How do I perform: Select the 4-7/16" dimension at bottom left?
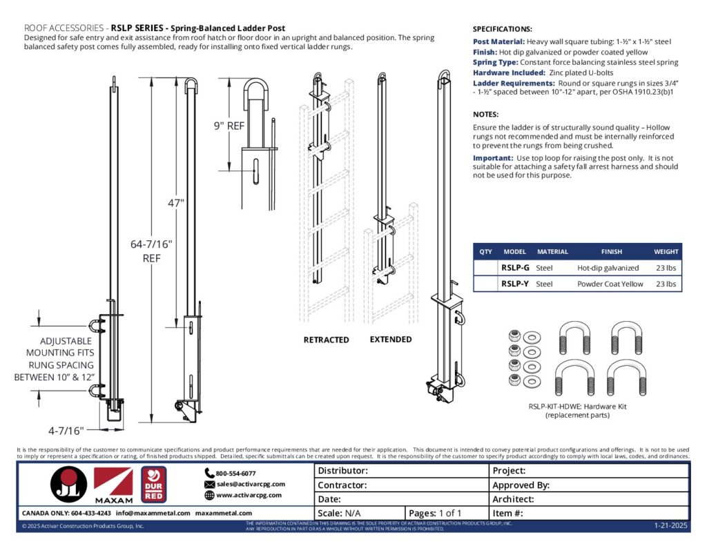(66, 431)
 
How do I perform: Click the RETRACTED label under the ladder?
(326, 340)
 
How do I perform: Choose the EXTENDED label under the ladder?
(390, 340)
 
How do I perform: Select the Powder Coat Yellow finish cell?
(610, 284)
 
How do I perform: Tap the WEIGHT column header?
(666, 252)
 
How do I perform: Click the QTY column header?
(485, 252)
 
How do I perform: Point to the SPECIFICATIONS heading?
(502, 30)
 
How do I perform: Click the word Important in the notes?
(492, 158)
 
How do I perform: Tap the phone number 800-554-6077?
(235, 474)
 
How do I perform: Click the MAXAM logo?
(113, 485)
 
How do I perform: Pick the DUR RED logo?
(153, 485)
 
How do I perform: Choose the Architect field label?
(513, 499)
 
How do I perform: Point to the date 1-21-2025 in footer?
(670, 526)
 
